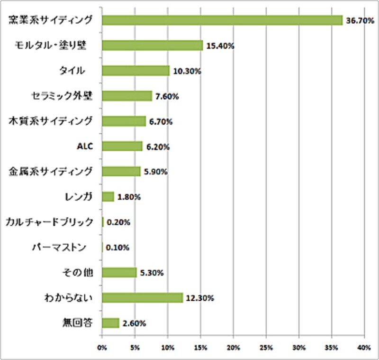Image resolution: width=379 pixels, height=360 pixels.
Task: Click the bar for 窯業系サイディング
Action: (x=222, y=20)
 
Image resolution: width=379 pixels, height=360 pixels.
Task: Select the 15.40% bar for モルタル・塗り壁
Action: (x=152, y=45)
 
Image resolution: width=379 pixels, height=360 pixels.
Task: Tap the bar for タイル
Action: (x=135, y=71)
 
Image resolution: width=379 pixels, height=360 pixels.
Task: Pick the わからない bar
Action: (x=142, y=297)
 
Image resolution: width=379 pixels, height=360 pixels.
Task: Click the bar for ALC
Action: (x=122, y=146)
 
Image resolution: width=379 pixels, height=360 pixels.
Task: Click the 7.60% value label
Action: (x=167, y=97)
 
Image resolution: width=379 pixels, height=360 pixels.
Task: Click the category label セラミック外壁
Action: (x=64, y=95)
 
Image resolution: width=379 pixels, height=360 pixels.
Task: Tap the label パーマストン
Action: (x=59, y=247)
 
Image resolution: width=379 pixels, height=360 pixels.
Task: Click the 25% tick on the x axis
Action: (x=266, y=348)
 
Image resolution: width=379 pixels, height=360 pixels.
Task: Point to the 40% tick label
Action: (x=364, y=348)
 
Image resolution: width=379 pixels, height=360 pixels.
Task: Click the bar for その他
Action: (x=119, y=272)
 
